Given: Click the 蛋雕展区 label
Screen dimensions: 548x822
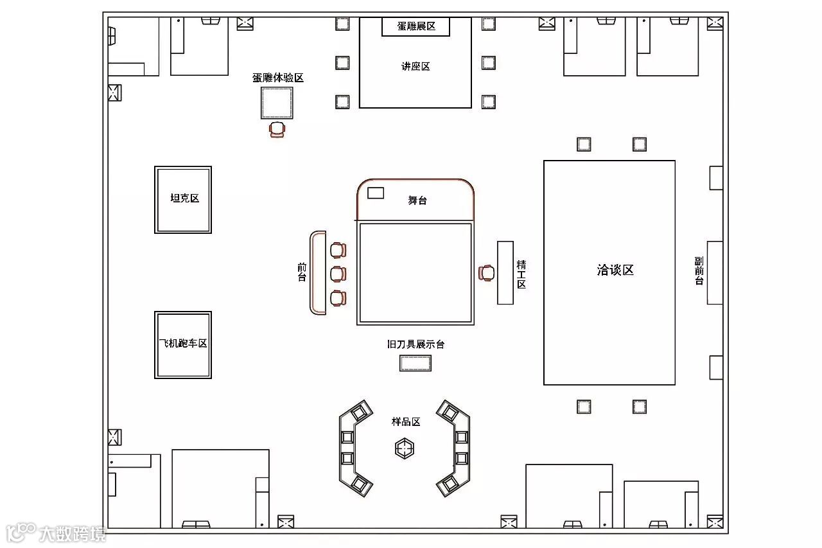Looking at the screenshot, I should [x=416, y=26].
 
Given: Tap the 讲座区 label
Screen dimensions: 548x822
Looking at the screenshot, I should [x=415, y=66].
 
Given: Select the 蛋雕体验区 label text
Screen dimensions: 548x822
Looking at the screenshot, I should [x=277, y=78].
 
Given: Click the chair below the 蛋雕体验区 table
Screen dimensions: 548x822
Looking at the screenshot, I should [x=277, y=129].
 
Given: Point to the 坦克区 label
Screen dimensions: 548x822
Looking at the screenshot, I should [x=184, y=198].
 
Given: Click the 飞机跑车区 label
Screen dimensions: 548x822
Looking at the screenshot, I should [x=183, y=344].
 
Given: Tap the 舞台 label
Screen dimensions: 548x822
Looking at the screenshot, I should [x=417, y=200].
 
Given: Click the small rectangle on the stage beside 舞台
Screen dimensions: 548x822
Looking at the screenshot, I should [x=375, y=193].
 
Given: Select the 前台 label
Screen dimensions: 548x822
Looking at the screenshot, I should [x=302, y=272].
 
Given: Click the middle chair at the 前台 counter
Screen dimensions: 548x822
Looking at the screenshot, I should [x=338, y=274].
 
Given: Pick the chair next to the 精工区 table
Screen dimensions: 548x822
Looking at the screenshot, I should [x=487, y=273].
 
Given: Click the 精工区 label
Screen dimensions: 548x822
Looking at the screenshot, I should [x=521, y=274].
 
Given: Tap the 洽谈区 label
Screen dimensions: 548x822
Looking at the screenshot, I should [x=615, y=270].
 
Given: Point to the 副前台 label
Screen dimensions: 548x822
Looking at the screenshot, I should [x=699, y=271].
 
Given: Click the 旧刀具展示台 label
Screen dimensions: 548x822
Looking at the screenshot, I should [x=415, y=344].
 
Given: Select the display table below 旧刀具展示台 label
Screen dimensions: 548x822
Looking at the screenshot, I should [x=415, y=364].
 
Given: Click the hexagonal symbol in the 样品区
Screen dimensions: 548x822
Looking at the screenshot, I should [x=405, y=448].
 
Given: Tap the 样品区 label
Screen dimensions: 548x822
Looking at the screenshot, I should [x=406, y=422].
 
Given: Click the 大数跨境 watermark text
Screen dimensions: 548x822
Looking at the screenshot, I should [x=72, y=534].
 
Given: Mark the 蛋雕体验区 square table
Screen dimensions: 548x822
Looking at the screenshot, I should [x=277, y=103].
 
